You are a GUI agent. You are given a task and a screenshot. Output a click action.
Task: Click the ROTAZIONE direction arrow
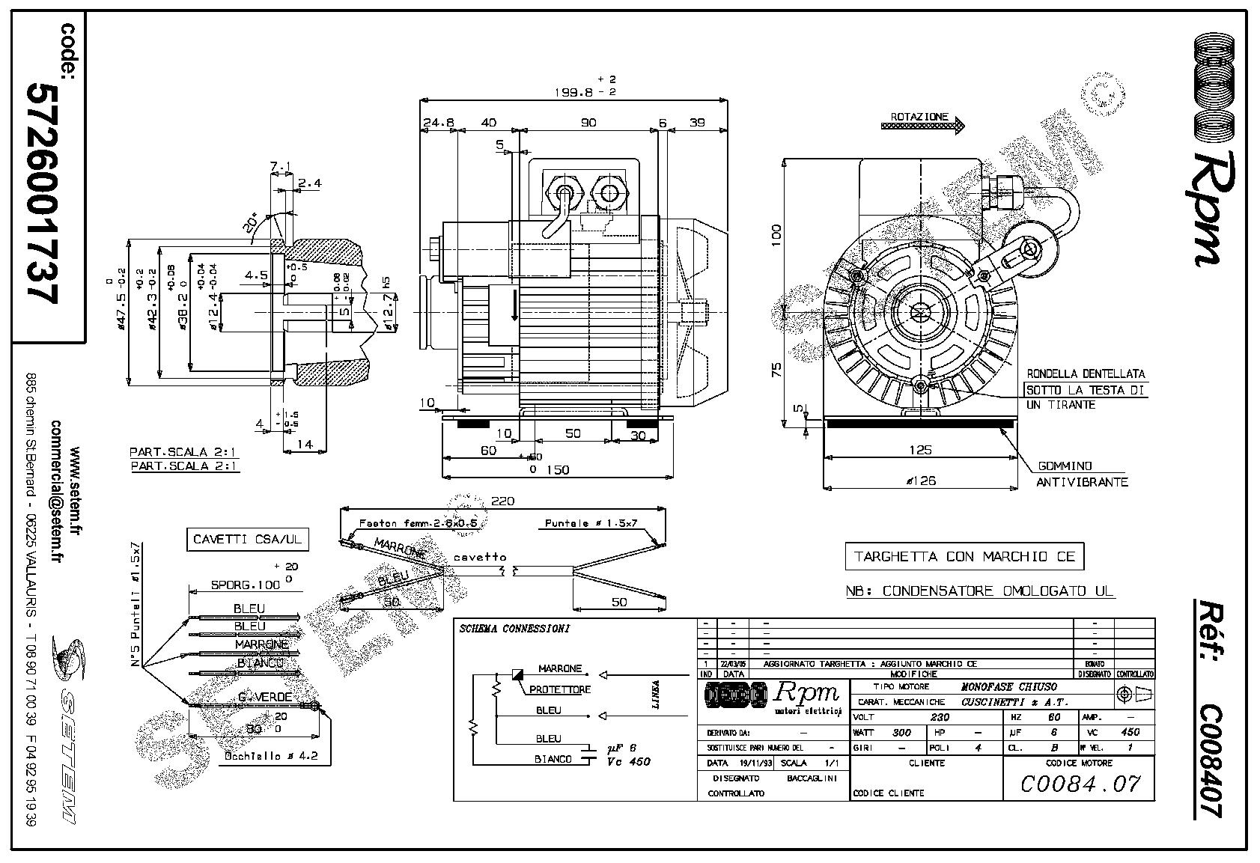tap(922, 127)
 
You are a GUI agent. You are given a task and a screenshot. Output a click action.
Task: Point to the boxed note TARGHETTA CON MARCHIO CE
tap(964, 556)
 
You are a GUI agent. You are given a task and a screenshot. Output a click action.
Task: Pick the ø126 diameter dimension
tap(921, 481)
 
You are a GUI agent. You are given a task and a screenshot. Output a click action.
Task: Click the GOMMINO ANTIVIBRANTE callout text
tap(1081, 475)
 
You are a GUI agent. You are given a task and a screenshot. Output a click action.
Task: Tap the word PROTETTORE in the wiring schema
tap(559, 689)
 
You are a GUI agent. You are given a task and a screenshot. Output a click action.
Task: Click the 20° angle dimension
tap(252, 222)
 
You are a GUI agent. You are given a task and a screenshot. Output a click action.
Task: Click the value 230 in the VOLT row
tap(939, 716)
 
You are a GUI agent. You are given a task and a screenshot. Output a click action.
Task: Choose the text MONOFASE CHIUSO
tap(1008, 686)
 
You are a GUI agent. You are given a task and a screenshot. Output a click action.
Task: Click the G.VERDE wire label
tap(264, 698)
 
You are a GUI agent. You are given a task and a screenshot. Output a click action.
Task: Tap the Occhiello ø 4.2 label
tap(271, 756)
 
